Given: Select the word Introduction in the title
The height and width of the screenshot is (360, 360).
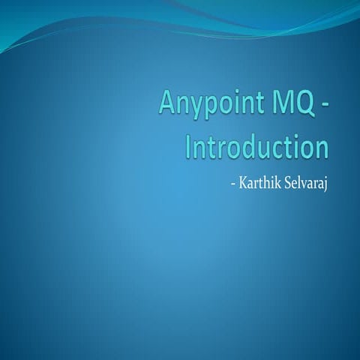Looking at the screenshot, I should coord(256,145).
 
